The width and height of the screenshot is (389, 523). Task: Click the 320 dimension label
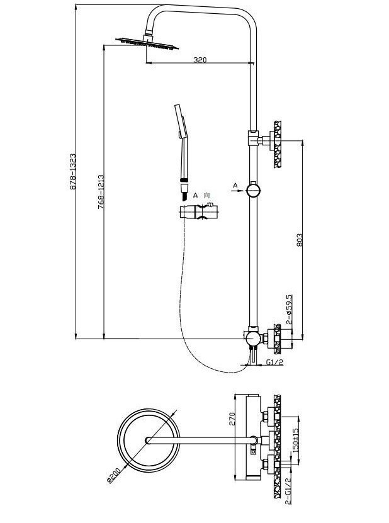200,60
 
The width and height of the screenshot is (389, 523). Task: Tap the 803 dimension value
300,239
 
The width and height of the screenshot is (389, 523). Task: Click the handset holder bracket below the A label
200,213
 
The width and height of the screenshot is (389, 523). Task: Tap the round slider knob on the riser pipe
252,189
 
